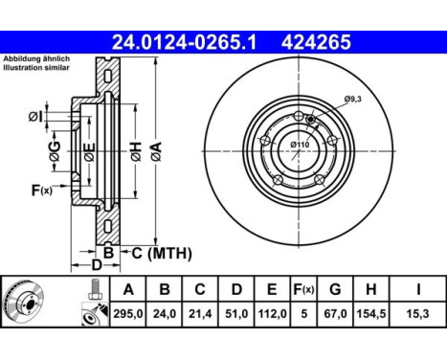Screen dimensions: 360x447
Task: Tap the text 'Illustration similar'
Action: coord(36,68)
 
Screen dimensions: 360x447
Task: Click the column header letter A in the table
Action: coord(128,289)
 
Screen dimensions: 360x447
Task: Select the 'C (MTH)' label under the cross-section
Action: coord(162,253)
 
